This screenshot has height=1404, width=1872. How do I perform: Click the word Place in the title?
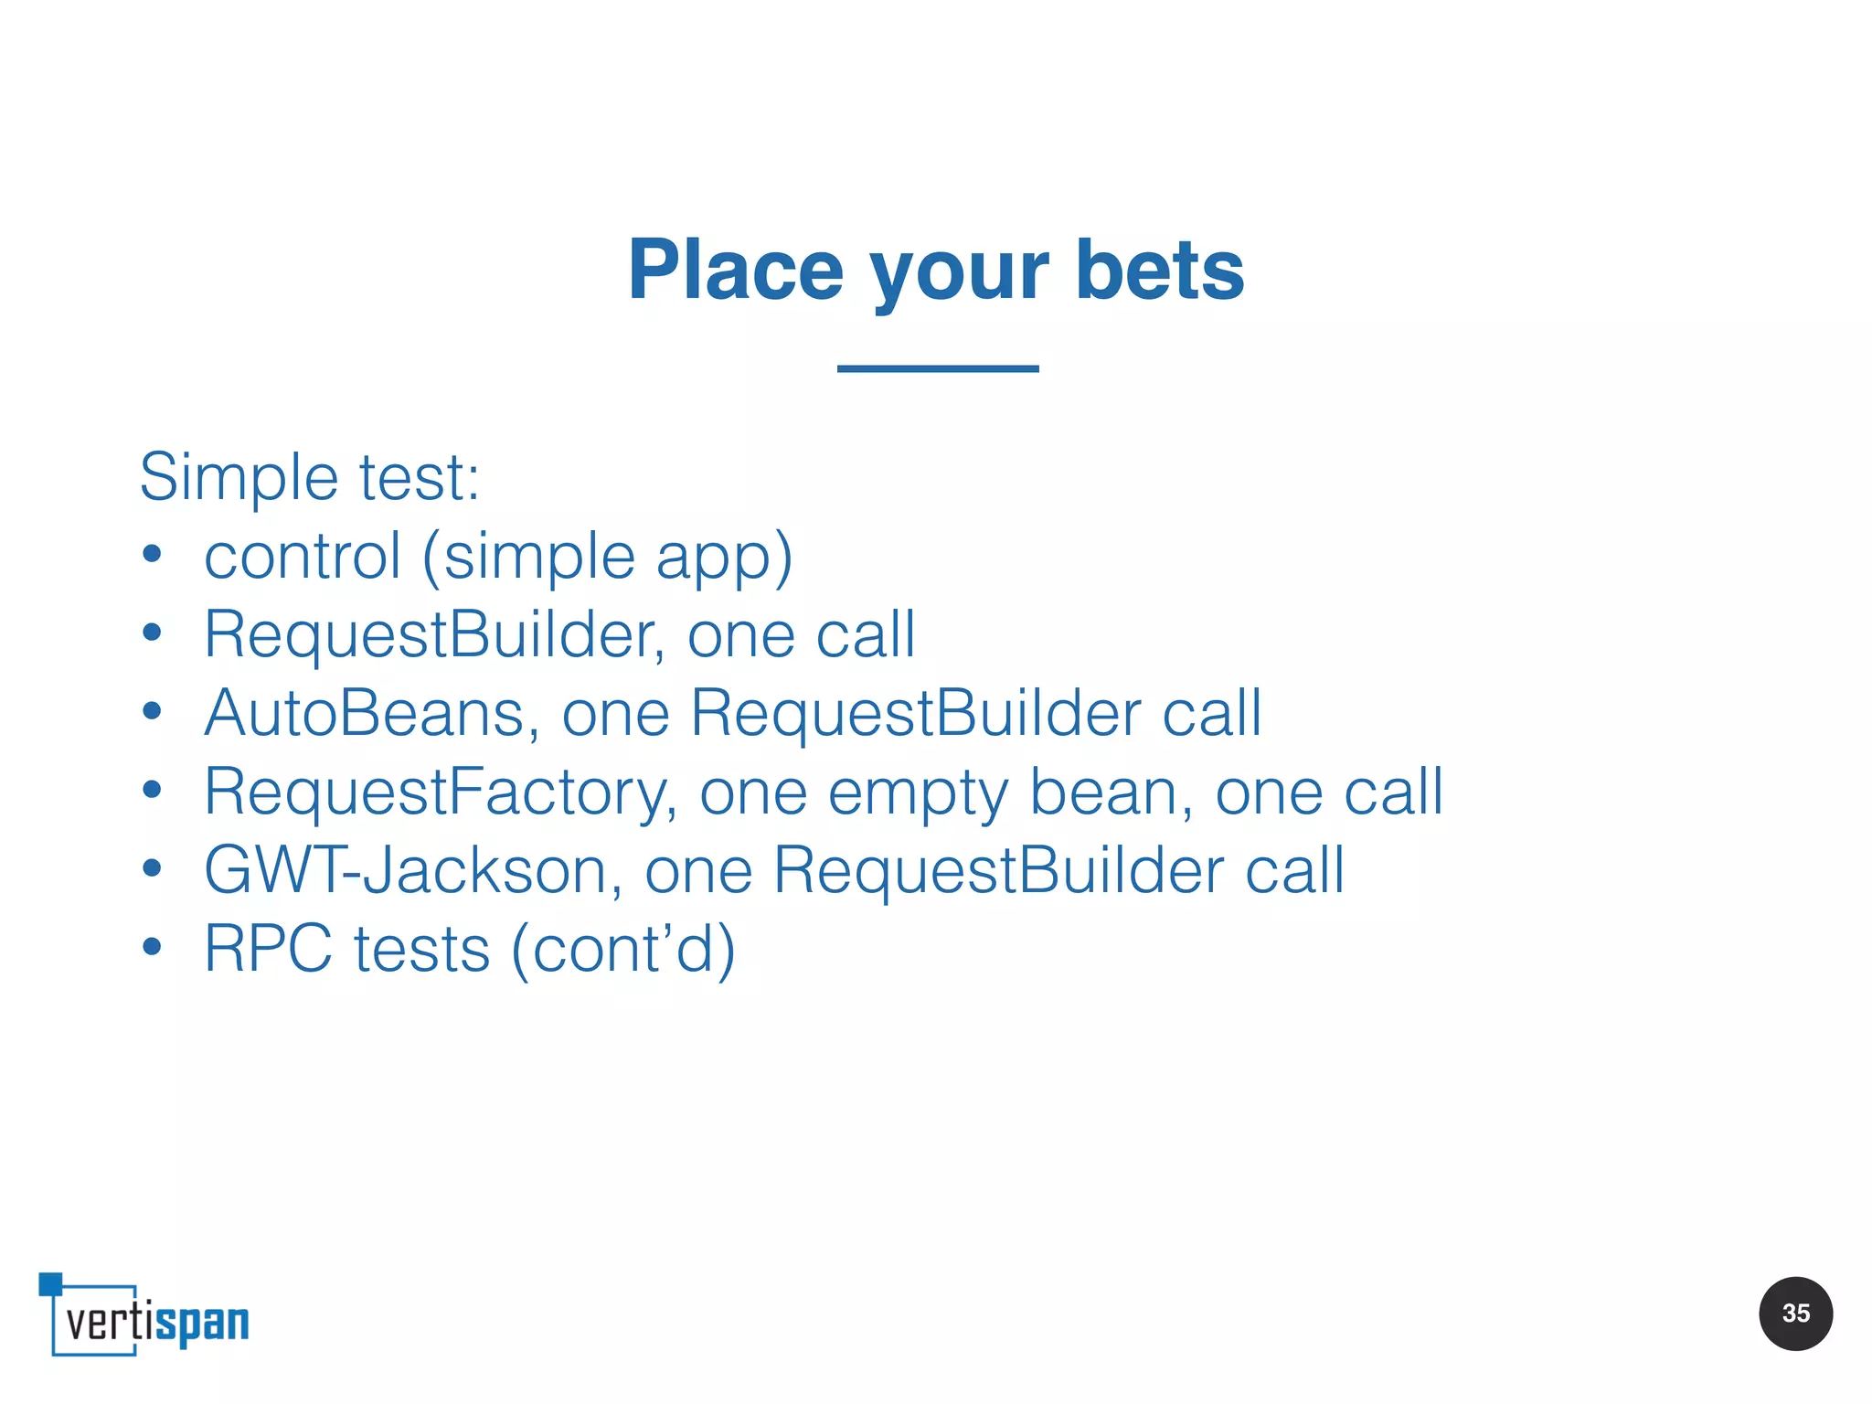point(735,271)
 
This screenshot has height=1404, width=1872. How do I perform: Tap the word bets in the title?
point(1160,271)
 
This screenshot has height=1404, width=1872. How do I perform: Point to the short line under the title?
point(938,368)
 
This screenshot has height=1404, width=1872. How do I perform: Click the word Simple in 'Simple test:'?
point(239,478)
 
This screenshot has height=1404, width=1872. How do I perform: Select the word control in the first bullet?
point(303,557)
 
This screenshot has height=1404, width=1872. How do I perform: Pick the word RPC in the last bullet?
point(268,949)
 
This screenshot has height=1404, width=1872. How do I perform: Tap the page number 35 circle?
point(1795,1314)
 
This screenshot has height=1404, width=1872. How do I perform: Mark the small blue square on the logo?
point(50,1284)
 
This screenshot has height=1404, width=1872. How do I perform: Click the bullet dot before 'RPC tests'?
point(152,948)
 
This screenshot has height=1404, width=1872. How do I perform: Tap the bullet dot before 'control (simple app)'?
point(152,555)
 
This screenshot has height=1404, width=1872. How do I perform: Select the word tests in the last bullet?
point(422,950)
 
